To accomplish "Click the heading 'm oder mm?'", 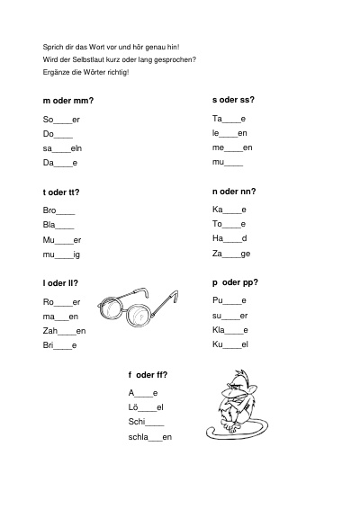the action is click(68, 101).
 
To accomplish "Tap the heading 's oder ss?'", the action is click(233, 100).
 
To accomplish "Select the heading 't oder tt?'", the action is click(61, 192).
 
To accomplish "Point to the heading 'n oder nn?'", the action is click(234, 192).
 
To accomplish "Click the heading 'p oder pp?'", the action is click(235, 282).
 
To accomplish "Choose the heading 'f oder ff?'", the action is click(148, 375).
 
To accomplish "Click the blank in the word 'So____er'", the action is click(63, 123).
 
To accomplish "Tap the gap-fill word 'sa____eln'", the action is click(62, 148).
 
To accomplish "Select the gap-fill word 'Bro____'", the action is click(58, 210).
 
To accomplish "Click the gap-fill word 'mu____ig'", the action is click(61, 254).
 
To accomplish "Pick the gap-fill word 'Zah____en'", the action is click(64, 331).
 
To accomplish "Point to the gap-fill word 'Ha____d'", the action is click(229, 238).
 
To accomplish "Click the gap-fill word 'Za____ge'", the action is click(231, 254).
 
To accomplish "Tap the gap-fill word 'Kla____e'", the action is click(230, 330).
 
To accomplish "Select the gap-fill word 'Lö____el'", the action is click(146, 407).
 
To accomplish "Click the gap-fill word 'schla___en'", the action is click(150, 437).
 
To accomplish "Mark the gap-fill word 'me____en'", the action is click(232, 147).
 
